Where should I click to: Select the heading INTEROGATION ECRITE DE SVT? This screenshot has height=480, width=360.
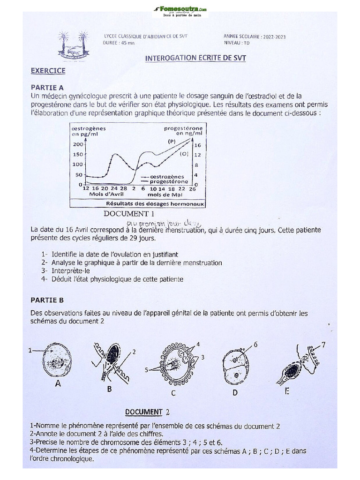195,58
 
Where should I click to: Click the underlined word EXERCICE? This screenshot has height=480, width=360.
48,71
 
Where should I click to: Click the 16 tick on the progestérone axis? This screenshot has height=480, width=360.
198,145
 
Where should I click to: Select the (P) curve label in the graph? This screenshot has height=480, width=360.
172,141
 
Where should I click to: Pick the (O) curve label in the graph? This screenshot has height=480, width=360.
184,153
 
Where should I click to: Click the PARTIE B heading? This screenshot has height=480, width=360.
47,300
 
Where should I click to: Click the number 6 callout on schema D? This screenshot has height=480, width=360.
255,345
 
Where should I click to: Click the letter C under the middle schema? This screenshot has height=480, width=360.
173,393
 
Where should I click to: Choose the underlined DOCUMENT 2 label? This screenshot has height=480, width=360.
144,412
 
